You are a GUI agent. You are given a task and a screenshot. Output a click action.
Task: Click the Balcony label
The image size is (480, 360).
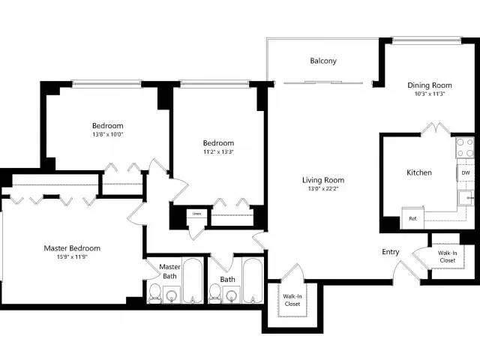click(x=322, y=61)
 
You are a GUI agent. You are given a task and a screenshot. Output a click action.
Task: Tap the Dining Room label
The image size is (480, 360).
click(x=430, y=85)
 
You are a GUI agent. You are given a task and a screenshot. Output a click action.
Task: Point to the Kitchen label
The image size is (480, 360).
click(x=418, y=172)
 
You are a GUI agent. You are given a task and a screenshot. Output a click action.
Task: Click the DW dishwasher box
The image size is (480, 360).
click(x=465, y=172)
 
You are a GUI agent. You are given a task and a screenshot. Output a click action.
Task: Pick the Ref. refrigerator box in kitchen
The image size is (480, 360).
click(x=412, y=219)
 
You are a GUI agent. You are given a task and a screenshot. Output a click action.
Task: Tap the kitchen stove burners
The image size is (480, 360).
click(x=465, y=146)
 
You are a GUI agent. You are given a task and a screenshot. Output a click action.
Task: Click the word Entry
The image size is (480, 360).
click(x=390, y=252)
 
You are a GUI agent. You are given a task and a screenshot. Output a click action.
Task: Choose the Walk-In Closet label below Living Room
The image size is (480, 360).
click(x=292, y=301)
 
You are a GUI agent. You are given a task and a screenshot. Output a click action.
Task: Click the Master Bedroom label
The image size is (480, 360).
click(x=72, y=248)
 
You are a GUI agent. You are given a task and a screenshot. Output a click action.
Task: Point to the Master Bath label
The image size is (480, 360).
click(x=169, y=271)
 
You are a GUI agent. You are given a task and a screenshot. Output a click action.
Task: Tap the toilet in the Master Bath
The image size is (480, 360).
click(x=154, y=294)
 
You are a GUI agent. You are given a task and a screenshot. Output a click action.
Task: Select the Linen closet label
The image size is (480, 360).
click(x=196, y=214)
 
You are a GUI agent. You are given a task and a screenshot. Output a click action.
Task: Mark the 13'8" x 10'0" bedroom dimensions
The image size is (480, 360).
click(x=108, y=135)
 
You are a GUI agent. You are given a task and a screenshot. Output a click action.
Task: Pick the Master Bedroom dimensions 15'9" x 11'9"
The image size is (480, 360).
click(x=72, y=258)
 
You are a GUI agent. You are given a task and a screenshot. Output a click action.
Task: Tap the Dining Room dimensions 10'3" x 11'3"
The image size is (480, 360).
click(x=430, y=94)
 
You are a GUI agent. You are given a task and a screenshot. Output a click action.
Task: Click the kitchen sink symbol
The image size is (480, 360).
click(x=466, y=199)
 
